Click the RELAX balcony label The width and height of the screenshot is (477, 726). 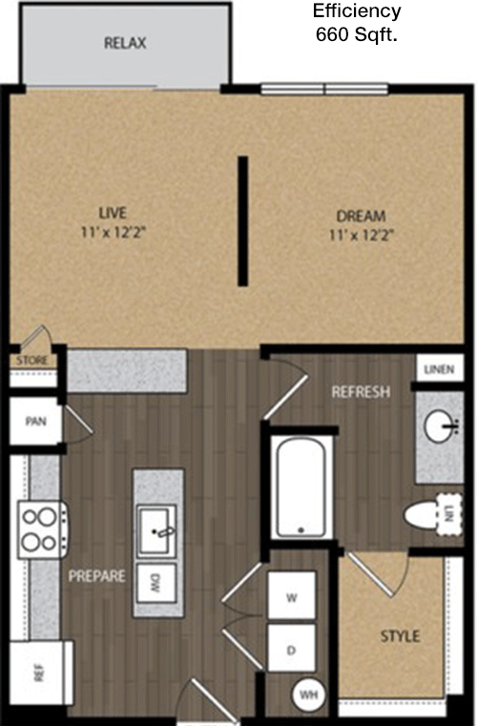(x=125, y=43)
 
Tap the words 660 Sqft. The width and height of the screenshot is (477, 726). (x=357, y=34)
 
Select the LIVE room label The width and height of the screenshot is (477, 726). (x=113, y=213)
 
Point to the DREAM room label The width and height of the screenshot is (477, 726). (x=361, y=217)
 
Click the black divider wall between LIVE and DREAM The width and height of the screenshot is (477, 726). (x=242, y=221)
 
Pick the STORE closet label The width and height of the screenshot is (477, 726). (x=31, y=361)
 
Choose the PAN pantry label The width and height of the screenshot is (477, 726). (x=35, y=422)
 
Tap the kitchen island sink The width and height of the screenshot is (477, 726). (x=156, y=530)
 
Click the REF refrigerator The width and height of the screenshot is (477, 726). (x=41, y=673)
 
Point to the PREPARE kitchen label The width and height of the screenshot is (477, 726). (x=96, y=576)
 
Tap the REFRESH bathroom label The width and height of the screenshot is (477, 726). (x=361, y=392)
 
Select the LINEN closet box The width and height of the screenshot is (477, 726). (x=440, y=368)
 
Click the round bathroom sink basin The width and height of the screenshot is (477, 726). (x=440, y=426)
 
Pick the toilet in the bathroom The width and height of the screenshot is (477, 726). (x=433, y=515)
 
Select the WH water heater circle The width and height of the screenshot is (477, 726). (x=309, y=695)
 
